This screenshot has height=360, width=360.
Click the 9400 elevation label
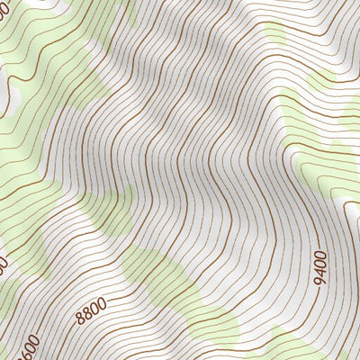[321, 266]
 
